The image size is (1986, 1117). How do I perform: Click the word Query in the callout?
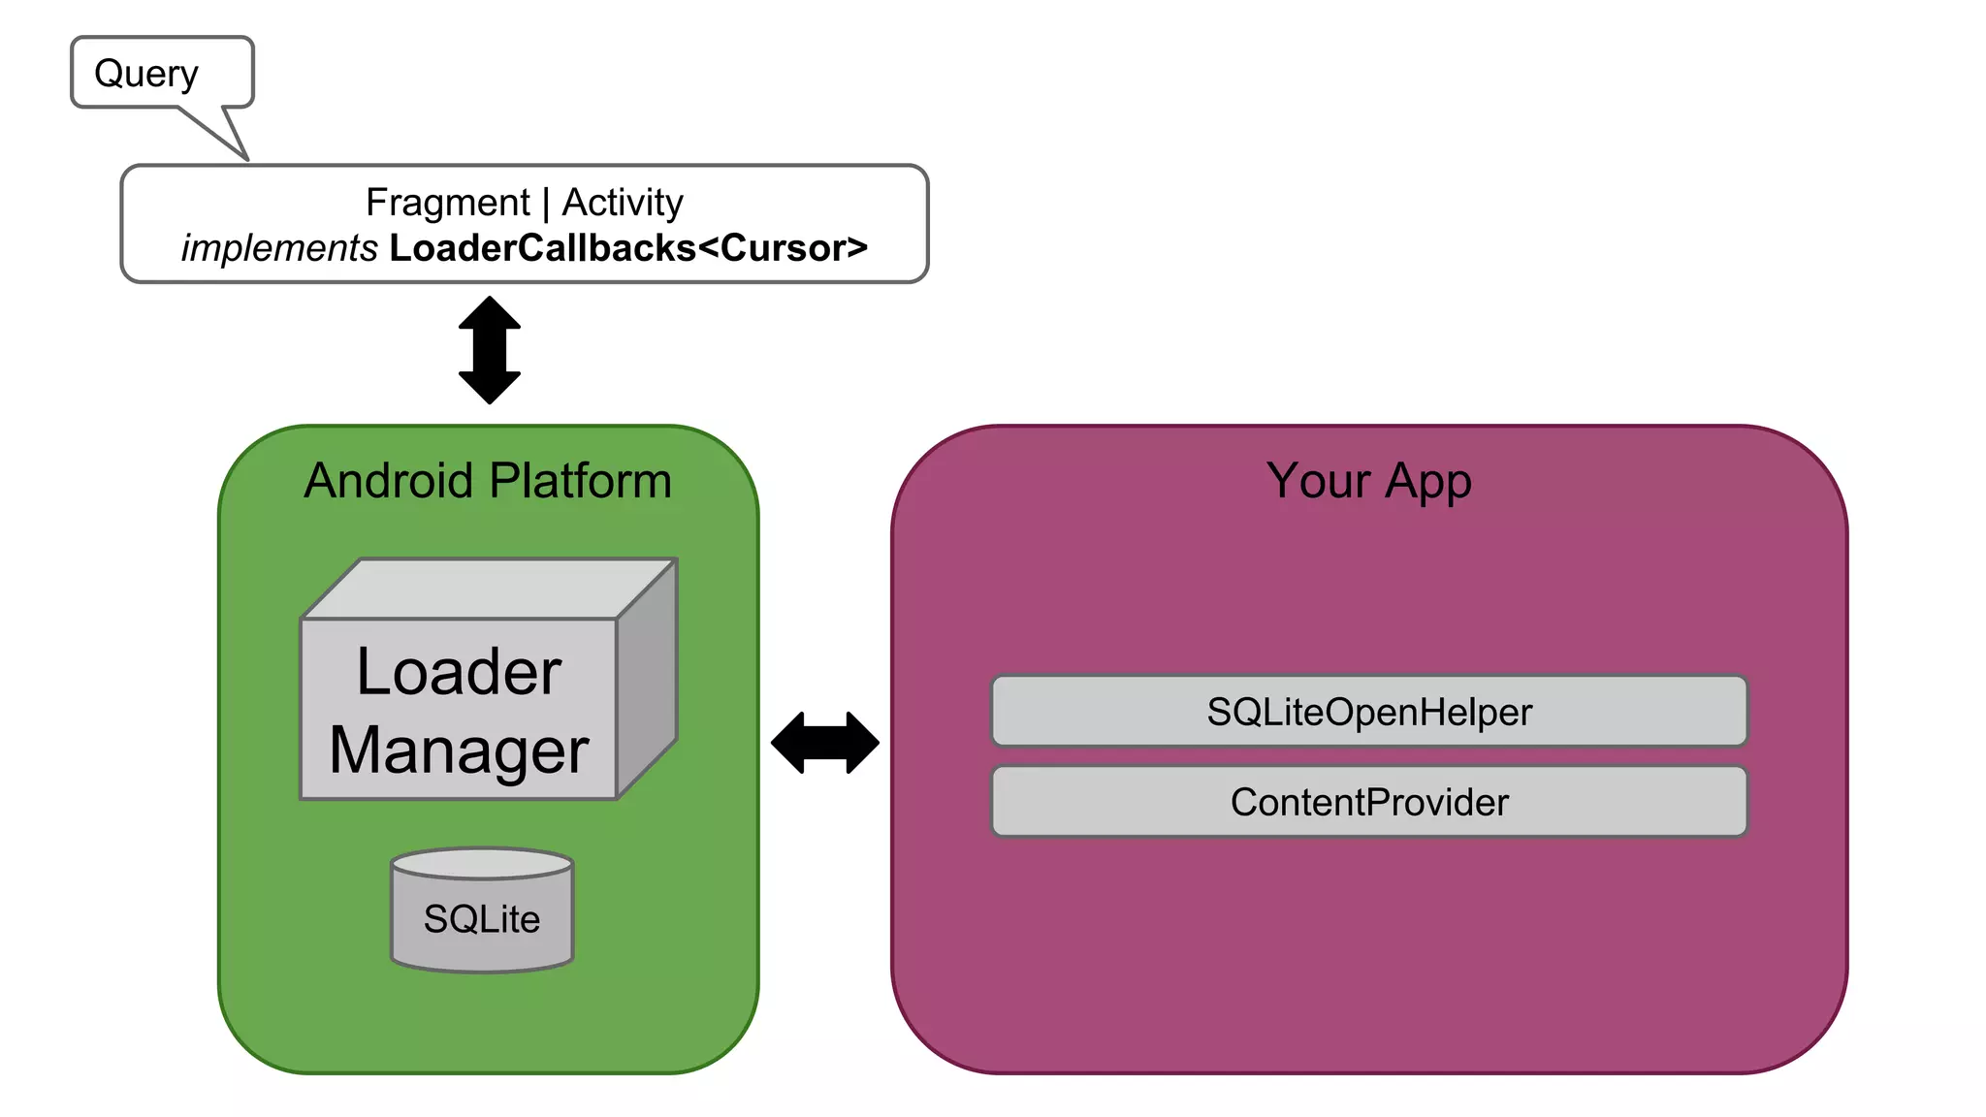tap(145, 74)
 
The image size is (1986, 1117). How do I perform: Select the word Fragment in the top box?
tap(447, 203)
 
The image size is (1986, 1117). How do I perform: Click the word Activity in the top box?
tap(623, 203)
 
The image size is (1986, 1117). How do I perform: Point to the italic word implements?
tap(279, 248)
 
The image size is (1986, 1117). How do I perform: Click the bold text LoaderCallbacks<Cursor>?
tap(628, 248)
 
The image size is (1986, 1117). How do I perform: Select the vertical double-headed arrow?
tap(490, 350)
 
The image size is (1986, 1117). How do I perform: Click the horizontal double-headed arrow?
tap(825, 743)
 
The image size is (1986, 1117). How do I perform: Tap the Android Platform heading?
tap(488, 481)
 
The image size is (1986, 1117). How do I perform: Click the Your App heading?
tap(1368, 481)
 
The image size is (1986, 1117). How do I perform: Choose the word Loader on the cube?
tap(459, 671)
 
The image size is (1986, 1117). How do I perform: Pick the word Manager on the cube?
tap(459, 750)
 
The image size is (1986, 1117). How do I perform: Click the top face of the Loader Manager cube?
tap(490, 589)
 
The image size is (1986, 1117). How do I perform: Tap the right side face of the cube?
tap(647, 679)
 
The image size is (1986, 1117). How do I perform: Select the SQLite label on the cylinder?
tap(482, 919)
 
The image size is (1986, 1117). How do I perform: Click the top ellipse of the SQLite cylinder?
tap(482, 863)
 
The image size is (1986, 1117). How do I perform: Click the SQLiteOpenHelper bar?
tap(1368, 712)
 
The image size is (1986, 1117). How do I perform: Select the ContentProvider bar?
tap(1368, 802)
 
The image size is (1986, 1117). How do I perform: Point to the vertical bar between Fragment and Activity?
tap(546, 204)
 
